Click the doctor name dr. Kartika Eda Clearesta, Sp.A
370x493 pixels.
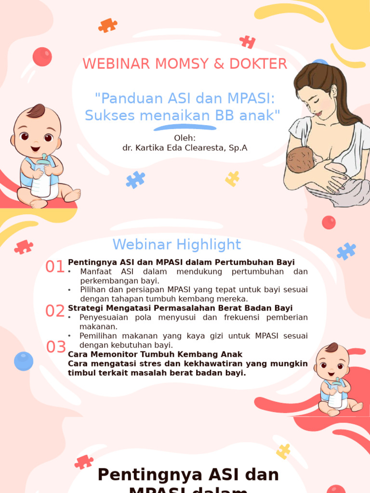[x=185, y=148]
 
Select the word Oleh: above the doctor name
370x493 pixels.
[x=185, y=138]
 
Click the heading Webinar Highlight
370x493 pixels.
[x=177, y=245]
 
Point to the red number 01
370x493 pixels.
[x=55, y=267]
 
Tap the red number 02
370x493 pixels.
[x=55, y=311]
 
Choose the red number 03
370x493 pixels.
[x=56, y=347]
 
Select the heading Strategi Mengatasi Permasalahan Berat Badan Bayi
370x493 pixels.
[x=180, y=308]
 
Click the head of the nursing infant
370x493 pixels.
[x=300, y=160]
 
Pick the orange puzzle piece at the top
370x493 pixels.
[x=107, y=25]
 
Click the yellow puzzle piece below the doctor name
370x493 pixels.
[x=232, y=179]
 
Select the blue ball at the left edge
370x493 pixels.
[x=23, y=361]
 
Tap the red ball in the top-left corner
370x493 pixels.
[x=42, y=57]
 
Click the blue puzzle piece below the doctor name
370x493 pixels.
[x=135, y=180]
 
